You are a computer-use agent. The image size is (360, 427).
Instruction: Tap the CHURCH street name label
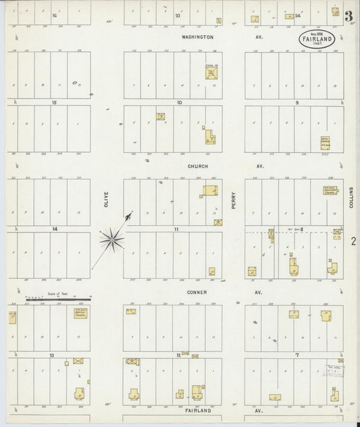[x=198, y=166]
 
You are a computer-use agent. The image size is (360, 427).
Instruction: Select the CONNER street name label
[x=198, y=292]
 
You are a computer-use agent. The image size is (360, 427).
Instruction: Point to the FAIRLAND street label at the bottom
[x=198, y=410]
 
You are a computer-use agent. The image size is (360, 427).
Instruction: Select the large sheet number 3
[x=348, y=16]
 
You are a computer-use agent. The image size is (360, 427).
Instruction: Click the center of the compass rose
[x=111, y=237]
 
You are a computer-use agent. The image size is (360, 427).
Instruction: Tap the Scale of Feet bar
[x=58, y=298]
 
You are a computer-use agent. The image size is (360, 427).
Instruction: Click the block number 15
[x=53, y=102]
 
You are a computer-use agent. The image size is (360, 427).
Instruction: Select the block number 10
[x=179, y=102]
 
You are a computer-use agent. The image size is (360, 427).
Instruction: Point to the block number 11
[x=176, y=229]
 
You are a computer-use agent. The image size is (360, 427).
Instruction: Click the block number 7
[x=297, y=354]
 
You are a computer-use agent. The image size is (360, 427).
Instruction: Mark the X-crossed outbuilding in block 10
[x=161, y=116]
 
